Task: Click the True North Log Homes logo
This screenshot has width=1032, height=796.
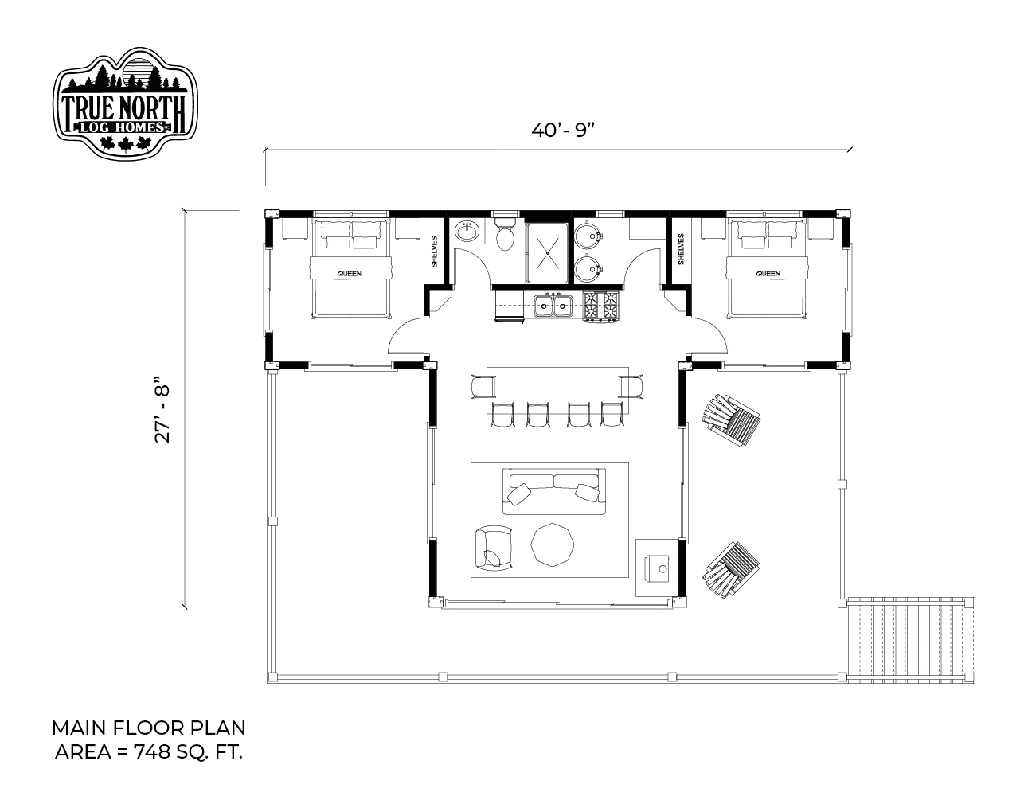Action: click(125, 103)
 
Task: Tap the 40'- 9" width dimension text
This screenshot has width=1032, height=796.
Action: click(563, 130)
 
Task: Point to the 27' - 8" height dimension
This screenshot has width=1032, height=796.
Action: click(162, 410)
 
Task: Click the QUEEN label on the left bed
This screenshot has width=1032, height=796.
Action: click(349, 273)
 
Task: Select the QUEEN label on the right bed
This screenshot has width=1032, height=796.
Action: click(768, 273)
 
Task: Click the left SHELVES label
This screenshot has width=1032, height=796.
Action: click(434, 252)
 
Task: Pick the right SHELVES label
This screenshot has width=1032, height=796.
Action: click(681, 249)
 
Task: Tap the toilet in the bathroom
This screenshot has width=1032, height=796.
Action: click(504, 233)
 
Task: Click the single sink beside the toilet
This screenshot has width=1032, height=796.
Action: click(467, 232)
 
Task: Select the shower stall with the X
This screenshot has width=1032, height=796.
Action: click(547, 252)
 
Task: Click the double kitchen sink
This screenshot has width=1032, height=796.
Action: click(553, 305)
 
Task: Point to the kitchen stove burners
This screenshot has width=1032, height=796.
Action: click(601, 306)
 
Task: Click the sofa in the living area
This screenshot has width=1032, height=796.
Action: click(553, 491)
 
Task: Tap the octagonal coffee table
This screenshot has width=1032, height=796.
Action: click(553, 544)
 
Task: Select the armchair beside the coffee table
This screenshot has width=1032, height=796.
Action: click(494, 547)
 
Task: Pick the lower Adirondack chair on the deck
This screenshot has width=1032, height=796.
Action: click(731, 571)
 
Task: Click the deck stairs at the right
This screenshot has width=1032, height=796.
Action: click(911, 640)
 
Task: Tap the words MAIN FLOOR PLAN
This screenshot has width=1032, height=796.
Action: click(149, 728)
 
